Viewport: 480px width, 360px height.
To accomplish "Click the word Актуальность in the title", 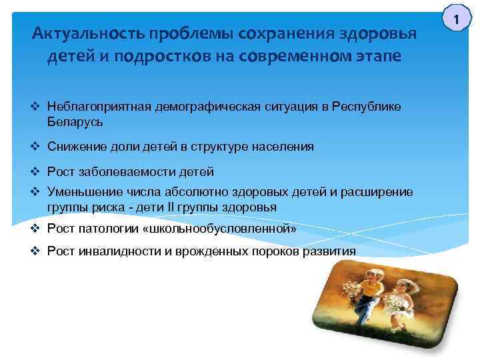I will (87, 33).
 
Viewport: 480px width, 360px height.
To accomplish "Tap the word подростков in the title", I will (168, 57).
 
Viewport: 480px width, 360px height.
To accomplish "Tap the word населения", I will (282, 147).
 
